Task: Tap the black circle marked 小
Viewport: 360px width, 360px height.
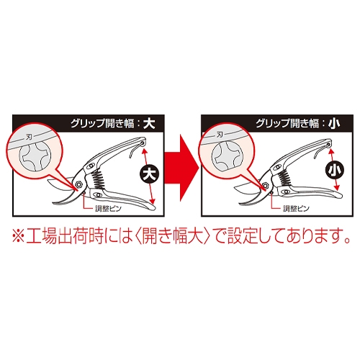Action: (333, 170)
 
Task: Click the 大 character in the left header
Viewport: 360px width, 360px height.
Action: (149, 124)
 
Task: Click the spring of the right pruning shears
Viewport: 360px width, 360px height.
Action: (284, 175)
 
